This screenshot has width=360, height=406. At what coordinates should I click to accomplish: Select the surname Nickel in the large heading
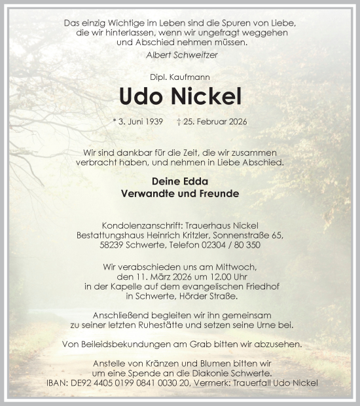(x=205, y=97)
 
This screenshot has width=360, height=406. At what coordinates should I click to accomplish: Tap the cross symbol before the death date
(x=197, y=122)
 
